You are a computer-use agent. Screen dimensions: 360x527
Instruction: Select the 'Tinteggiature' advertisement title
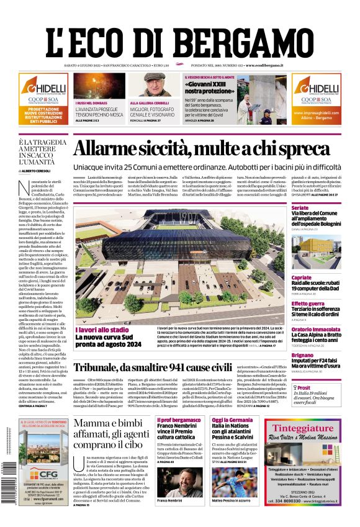click(307, 428)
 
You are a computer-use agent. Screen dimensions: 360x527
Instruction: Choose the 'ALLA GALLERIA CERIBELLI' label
click(148, 102)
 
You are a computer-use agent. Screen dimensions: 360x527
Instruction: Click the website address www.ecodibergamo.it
click(273, 65)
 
